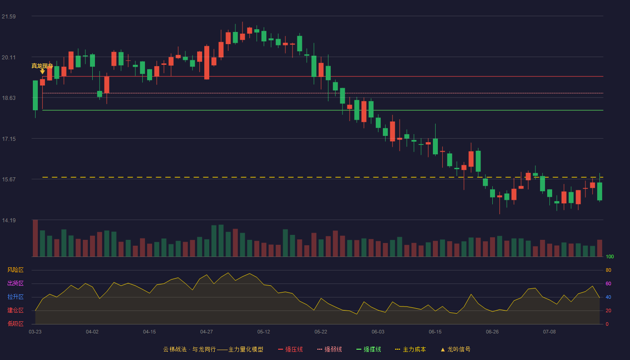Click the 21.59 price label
pos(9,17)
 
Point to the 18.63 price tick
pos(9,98)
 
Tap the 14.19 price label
pos(9,220)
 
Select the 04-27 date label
pos(207,332)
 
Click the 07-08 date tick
pos(549,332)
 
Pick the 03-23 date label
pos(35,332)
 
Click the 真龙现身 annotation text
pos(42,66)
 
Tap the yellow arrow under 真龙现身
pos(42,72)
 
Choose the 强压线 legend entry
pos(290,349)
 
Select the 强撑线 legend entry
pos(369,349)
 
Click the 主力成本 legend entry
pos(410,349)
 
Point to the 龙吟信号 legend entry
pos(455,349)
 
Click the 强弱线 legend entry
pos(329,349)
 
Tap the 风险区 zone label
pos(15,270)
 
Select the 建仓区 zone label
pos(15,310)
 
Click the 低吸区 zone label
pos(15,324)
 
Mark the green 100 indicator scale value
pos(610,256)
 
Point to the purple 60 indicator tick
pos(608,283)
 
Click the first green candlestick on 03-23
pos(35,95)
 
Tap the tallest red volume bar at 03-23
pos(35,238)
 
